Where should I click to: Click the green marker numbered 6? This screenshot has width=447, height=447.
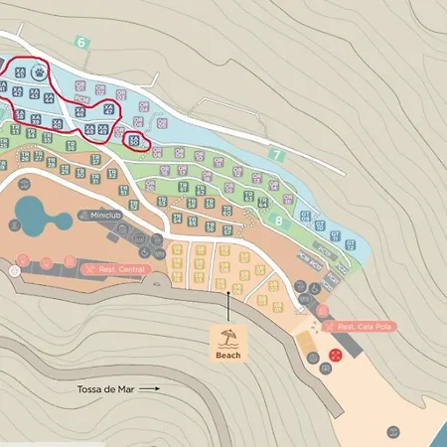(81, 42)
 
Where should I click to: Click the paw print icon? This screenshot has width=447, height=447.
(39, 73)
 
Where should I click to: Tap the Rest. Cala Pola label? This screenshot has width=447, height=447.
(359, 327)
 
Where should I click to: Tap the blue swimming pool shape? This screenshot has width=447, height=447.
(39, 216)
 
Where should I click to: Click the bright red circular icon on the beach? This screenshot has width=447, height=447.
(336, 353)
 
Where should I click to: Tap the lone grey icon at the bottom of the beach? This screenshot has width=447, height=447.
(393, 432)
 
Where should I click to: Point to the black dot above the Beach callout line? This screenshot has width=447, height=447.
(229, 292)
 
